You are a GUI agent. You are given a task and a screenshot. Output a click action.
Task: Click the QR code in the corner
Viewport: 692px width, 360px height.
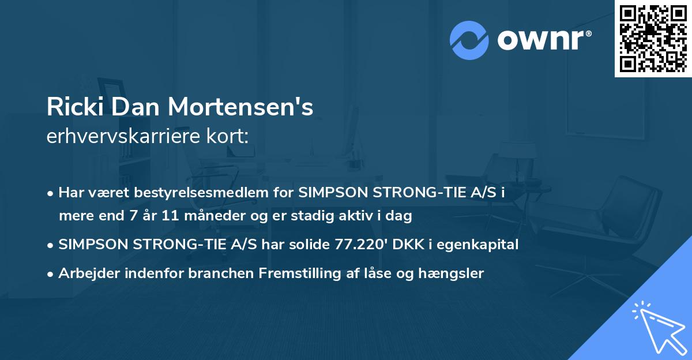pyautogui.click(x=653, y=38)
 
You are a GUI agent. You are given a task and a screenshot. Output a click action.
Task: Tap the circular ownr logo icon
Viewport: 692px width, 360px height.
pyautogui.click(x=469, y=40)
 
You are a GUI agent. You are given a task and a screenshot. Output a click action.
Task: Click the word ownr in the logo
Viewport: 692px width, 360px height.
pyautogui.click(x=544, y=40)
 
